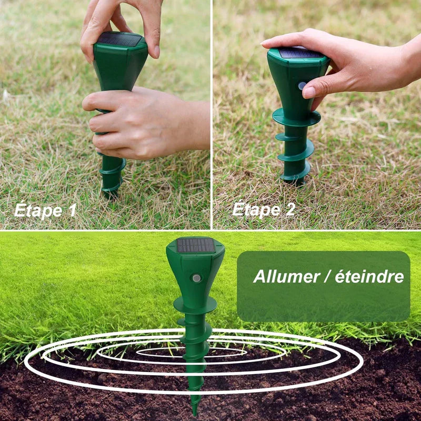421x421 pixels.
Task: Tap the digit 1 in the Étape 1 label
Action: point(71,210)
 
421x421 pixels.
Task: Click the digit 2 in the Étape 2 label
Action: point(290,210)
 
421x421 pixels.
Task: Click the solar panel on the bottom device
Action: point(195,245)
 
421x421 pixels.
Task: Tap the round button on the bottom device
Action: point(196,278)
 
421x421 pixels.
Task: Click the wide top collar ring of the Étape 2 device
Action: point(296,117)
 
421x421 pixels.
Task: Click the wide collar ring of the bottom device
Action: point(195,305)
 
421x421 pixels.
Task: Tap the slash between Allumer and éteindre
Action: point(329,276)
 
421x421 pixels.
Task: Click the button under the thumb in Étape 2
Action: point(302,85)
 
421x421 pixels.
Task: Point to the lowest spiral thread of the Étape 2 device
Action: point(295,174)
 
